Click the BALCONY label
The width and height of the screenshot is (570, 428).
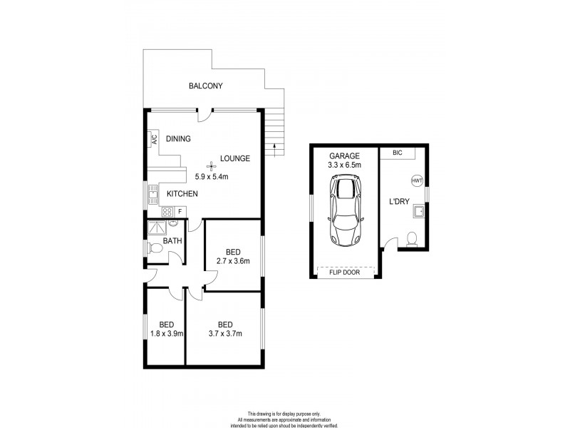[x=205, y=86]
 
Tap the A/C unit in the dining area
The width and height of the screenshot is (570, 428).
[x=153, y=140]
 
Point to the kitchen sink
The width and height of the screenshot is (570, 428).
[x=152, y=193]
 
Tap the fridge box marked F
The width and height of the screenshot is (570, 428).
[x=180, y=211]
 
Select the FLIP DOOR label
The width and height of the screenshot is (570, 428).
[x=344, y=272]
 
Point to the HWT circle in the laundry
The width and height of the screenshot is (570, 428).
[x=416, y=181]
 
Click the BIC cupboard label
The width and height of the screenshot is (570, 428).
[x=397, y=153]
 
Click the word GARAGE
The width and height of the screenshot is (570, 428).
[x=344, y=156]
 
